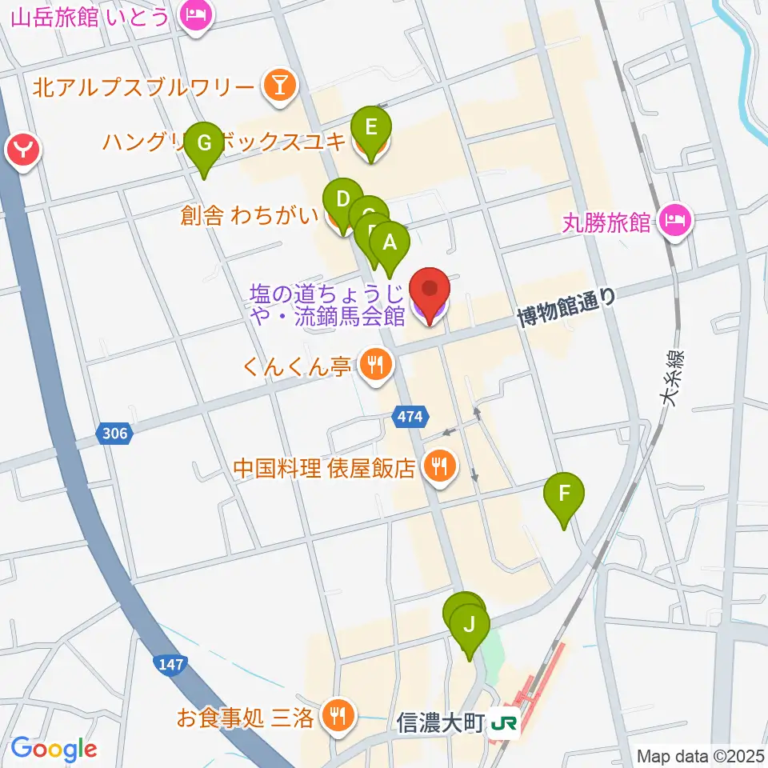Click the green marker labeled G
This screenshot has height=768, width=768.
click(204, 144)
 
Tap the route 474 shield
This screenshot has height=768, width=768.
click(414, 415)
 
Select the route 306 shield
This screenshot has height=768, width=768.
click(114, 433)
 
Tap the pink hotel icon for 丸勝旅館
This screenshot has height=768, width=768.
click(676, 221)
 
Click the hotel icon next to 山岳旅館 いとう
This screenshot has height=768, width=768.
click(196, 14)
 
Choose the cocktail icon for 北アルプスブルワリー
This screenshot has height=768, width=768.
click(278, 86)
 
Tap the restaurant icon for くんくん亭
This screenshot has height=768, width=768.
click(373, 366)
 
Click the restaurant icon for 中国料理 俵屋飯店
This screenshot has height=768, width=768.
click(439, 466)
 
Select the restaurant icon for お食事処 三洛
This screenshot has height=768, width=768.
click(336, 714)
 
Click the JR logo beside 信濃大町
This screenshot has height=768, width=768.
click(506, 724)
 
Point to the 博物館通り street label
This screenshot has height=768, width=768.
click(567, 307)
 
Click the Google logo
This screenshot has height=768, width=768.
click(54, 749)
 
